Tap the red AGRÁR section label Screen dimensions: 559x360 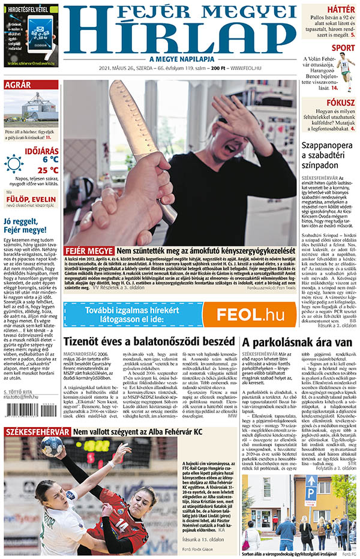(x=17, y=85)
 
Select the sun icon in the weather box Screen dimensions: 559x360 (x=14, y=163)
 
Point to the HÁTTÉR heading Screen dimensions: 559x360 (x=341, y=9)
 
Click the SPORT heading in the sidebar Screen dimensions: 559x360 (x=343, y=48)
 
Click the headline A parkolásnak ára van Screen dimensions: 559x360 (x=296, y=342)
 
